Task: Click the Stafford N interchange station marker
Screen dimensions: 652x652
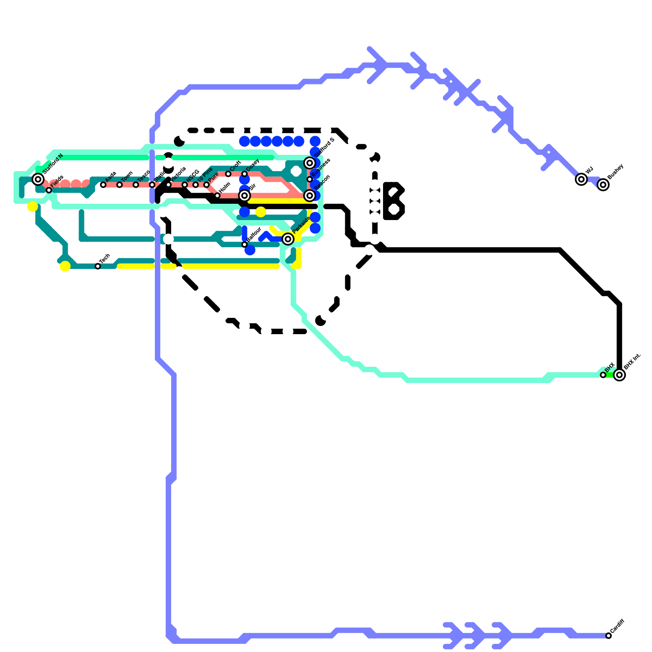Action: pos(38,179)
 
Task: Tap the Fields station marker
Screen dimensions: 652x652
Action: pos(49,190)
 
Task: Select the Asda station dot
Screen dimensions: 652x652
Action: pos(103,185)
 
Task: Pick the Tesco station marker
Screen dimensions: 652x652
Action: pos(136,185)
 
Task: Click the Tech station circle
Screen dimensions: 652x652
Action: pos(98,267)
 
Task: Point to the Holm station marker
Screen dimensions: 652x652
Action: pos(218,196)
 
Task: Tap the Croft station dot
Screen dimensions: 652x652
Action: pos(228,174)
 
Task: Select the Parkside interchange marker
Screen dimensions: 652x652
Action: pos(288,239)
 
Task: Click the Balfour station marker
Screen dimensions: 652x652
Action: pos(244,244)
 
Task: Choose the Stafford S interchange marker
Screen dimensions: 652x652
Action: pos(310,163)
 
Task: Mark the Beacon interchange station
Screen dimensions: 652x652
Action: pos(310,196)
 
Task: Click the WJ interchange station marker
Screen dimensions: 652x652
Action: pos(582,179)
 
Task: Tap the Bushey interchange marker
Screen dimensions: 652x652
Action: pos(603,185)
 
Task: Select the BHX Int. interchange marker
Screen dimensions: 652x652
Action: pos(619,375)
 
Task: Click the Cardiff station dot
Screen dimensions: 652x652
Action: pos(608,636)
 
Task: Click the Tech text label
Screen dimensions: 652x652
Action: pos(105,258)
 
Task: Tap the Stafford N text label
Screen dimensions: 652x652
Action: pos(53,163)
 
